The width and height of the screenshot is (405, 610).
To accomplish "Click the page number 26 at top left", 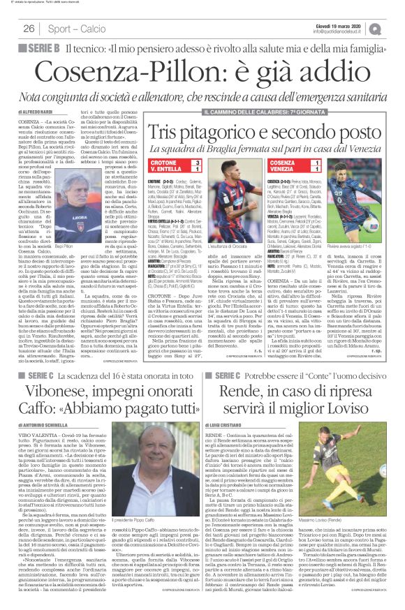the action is [29, 29].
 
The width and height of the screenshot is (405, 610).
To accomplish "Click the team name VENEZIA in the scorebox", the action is [287, 170].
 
